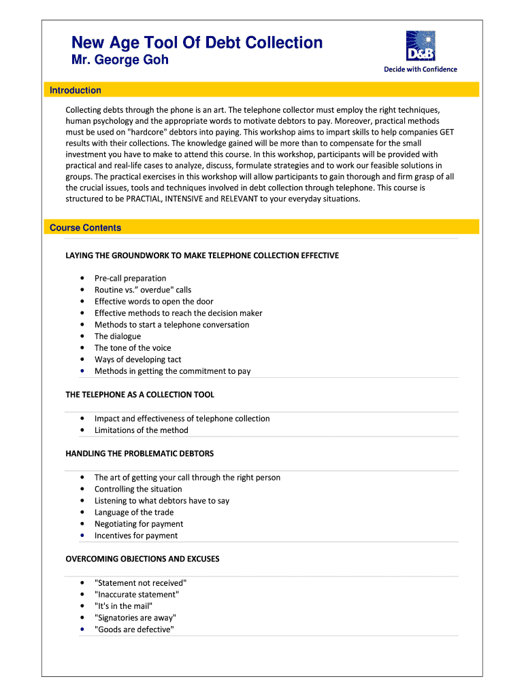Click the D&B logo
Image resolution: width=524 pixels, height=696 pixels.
pyautogui.click(x=420, y=46)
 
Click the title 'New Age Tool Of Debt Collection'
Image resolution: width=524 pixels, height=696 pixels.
pyautogui.click(x=197, y=43)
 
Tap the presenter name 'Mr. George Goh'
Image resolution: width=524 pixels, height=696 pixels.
pyautogui.click(x=120, y=60)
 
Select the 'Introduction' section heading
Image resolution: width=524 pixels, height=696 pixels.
pyautogui.click(x=76, y=90)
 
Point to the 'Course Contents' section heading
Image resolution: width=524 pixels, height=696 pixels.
pyautogui.click(x=85, y=228)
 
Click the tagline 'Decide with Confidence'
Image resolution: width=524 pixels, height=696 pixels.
pyautogui.click(x=421, y=69)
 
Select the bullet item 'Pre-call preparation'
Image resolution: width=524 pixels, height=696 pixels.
pyautogui.click(x=130, y=278)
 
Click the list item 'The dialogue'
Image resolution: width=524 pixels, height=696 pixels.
pyautogui.click(x=118, y=336)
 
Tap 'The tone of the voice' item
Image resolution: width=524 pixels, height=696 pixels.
pyautogui.click(x=133, y=348)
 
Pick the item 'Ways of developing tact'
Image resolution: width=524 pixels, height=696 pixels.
pyautogui.click(x=137, y=360)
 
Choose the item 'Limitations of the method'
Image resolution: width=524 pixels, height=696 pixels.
pyautogui.click(x=142, y=430)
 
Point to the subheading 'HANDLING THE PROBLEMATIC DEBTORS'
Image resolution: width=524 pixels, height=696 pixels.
pyautogui.click(x=140, y=453)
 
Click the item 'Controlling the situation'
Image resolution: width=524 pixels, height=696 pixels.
pyautogui.click(x=138, y=489)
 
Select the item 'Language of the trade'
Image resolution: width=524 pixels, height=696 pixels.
pyautogui.click(x=134, y=512)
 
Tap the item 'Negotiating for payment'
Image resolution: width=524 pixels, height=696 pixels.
pyautogui.click(x=139, y=524)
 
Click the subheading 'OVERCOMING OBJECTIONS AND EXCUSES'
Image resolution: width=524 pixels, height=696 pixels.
pyautogui.click(x=142, y=559)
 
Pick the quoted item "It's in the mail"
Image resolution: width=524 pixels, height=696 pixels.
pyautogui.click(x=124, y=606)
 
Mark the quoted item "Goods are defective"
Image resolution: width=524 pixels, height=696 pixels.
pyautogui.click(x=135, y=629)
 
